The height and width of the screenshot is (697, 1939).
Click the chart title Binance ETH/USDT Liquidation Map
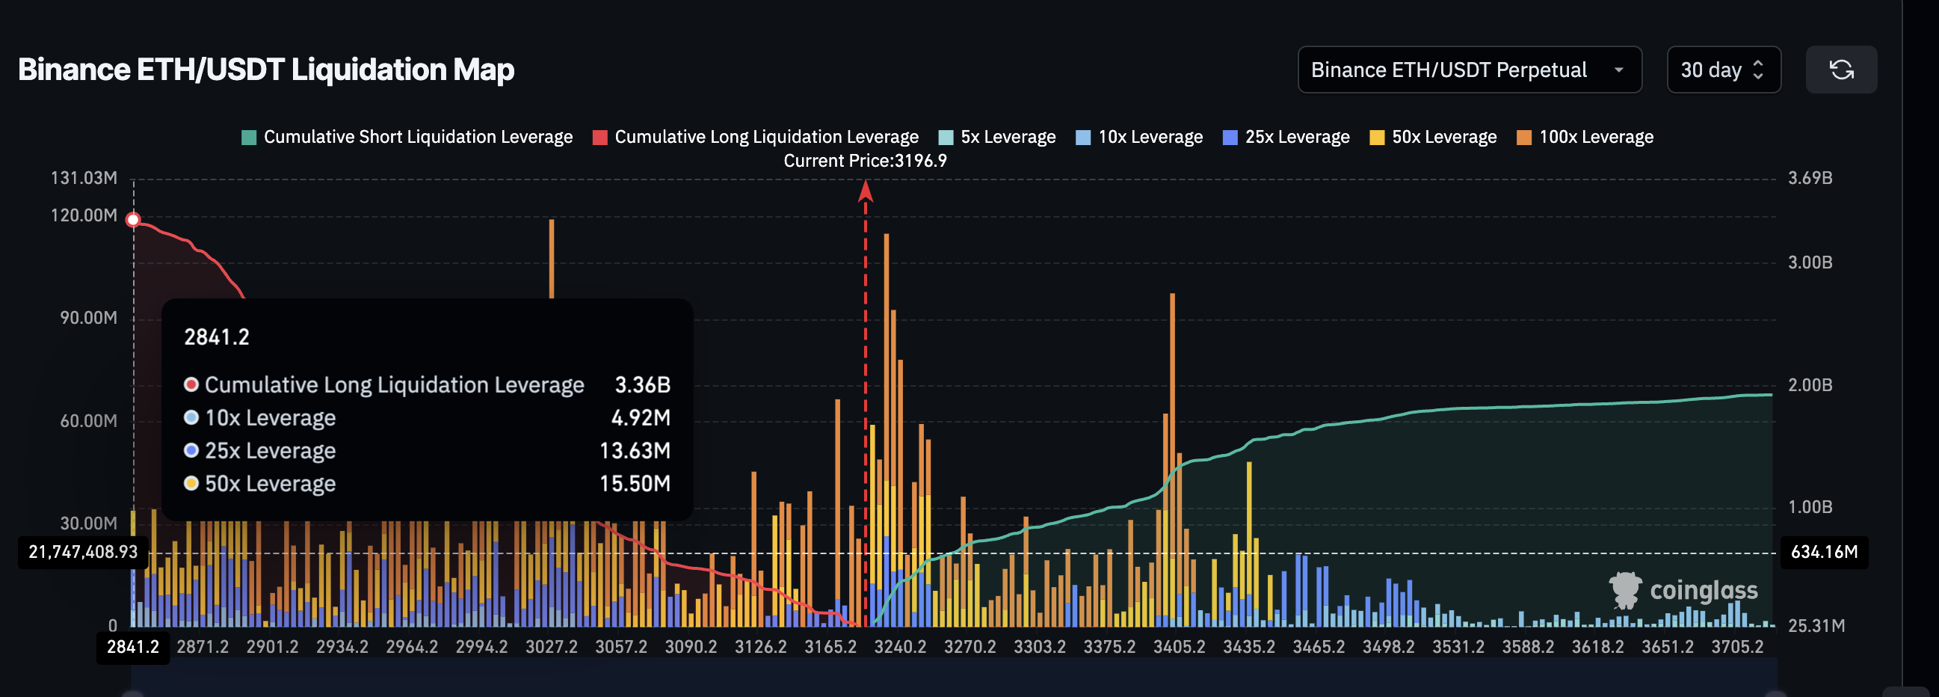[265, 70]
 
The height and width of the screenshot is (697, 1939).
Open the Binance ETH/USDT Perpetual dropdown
[1469, 70]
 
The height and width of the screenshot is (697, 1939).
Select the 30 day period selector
[1723, 70]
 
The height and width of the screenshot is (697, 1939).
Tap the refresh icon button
[1840, 70]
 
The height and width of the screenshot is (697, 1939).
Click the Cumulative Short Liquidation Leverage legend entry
[407, 137]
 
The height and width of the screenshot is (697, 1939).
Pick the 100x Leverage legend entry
[1585, 137]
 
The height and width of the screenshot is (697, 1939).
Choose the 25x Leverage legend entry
[1286, 137]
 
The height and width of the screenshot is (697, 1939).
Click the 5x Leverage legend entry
[997, 137]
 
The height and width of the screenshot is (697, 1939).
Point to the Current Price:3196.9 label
[865, 160]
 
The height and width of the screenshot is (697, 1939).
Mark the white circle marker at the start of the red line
[133, 220]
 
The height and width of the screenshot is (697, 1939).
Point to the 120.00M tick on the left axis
[84, 215]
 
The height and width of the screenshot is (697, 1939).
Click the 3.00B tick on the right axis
[1810, 262]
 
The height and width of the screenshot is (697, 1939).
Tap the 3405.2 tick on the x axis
[1179, 647]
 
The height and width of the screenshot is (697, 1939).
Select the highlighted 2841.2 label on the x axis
[132, 647]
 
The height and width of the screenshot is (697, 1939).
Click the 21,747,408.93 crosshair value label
[83, 552]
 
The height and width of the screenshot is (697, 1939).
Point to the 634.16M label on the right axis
[1823, 552]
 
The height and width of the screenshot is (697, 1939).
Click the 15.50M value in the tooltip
[634, 483]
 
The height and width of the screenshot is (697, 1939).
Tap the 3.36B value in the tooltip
[642, 384]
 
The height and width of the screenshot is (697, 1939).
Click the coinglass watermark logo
[1683, 590]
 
